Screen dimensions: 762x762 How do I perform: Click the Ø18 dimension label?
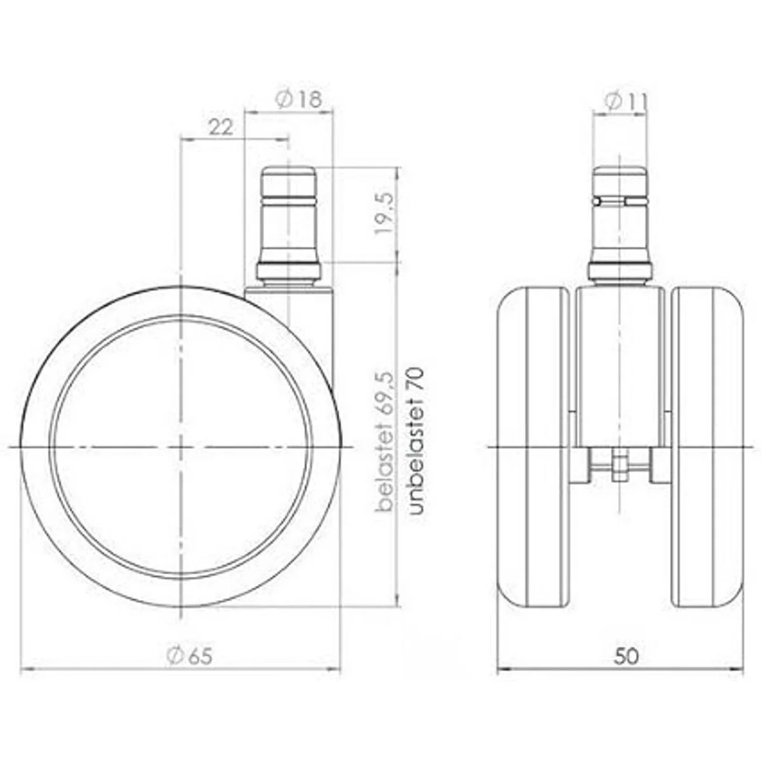click(x=299, y=99)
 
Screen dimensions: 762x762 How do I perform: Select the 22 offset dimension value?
click(x=221, y=128)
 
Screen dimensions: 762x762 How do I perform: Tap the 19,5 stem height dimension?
click(x=384, y=213)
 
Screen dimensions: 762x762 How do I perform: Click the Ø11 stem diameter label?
click(x=625, y=102)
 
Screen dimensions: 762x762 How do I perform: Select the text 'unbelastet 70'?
click(x=415, y=441)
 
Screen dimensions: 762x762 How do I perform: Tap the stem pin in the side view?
click(x=289, y=226)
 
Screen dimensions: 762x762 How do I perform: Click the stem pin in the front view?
click(x=620, y=226)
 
